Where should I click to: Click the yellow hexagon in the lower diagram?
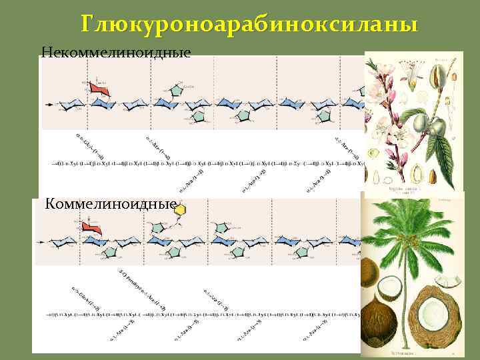(x=179, y=209)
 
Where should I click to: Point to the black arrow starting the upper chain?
(x=49, y=105)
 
